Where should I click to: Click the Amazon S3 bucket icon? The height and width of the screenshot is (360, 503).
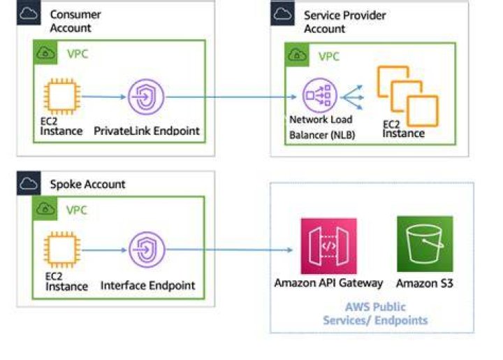tap(425, 244)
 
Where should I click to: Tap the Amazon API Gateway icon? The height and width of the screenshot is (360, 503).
tap(328, 246)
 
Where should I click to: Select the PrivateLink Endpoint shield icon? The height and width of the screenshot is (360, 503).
tap(146, 97)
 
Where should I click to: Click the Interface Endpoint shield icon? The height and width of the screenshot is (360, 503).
tap(147, 250)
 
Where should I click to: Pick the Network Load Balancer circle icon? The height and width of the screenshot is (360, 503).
tap(320, 95)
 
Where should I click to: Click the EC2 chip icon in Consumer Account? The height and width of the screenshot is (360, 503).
tap(62, 96)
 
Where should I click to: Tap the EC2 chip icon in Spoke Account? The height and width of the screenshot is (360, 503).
tap(62, 250)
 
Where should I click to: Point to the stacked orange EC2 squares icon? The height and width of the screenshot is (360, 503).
tap(408, 96)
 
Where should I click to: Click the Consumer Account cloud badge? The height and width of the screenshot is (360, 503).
tap(29, 13)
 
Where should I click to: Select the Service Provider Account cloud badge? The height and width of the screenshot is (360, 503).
tap(282, 13)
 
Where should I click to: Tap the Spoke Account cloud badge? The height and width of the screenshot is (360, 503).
tap(29, 183)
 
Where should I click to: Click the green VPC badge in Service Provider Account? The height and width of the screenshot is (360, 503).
tap(297, 55)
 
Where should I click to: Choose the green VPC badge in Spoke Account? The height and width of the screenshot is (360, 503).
tap(45, 208)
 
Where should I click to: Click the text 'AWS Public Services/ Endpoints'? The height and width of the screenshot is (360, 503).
tap(375, 313)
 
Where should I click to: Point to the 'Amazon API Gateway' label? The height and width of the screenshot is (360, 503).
tap(328, 283)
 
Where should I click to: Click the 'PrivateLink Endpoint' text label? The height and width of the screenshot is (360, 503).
tap(147, 131)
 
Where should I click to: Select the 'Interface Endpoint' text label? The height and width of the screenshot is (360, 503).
tap(147, 285)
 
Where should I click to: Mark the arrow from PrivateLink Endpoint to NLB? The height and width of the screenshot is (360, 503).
tap(231, 97)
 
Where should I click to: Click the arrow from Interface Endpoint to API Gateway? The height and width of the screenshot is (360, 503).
tap(229, 250)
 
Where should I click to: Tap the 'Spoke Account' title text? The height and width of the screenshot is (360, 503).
tap(87, 184)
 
